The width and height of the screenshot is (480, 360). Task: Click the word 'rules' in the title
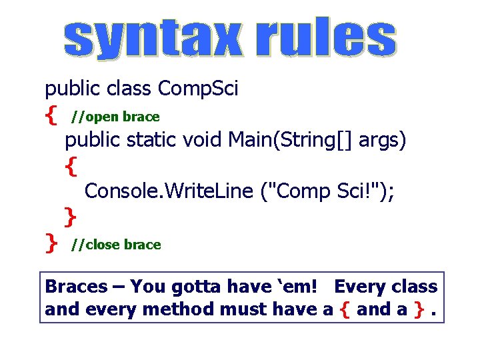point(325,38)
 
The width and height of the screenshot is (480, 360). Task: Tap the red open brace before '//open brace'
point(51,117)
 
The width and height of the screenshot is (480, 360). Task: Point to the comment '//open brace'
point(116,117)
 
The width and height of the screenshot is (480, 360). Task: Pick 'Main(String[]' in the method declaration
point(291,141)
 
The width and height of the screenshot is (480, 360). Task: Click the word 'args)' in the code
point(383,141)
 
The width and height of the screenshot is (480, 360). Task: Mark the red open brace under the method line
point(71,166)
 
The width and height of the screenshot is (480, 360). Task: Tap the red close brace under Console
point(70,217)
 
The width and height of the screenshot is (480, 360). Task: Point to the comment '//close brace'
point(116,245)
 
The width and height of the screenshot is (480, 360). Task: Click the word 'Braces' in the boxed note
point(76,287)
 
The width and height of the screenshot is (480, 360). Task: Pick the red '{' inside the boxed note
point(344,310)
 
